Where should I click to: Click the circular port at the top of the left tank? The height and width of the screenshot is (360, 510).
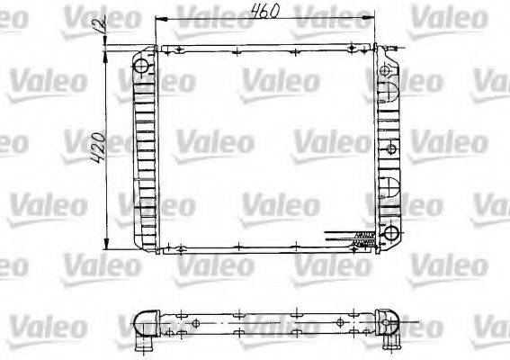142,67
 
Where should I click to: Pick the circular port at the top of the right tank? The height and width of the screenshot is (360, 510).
389,68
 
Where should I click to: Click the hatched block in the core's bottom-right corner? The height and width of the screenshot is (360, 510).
363,238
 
